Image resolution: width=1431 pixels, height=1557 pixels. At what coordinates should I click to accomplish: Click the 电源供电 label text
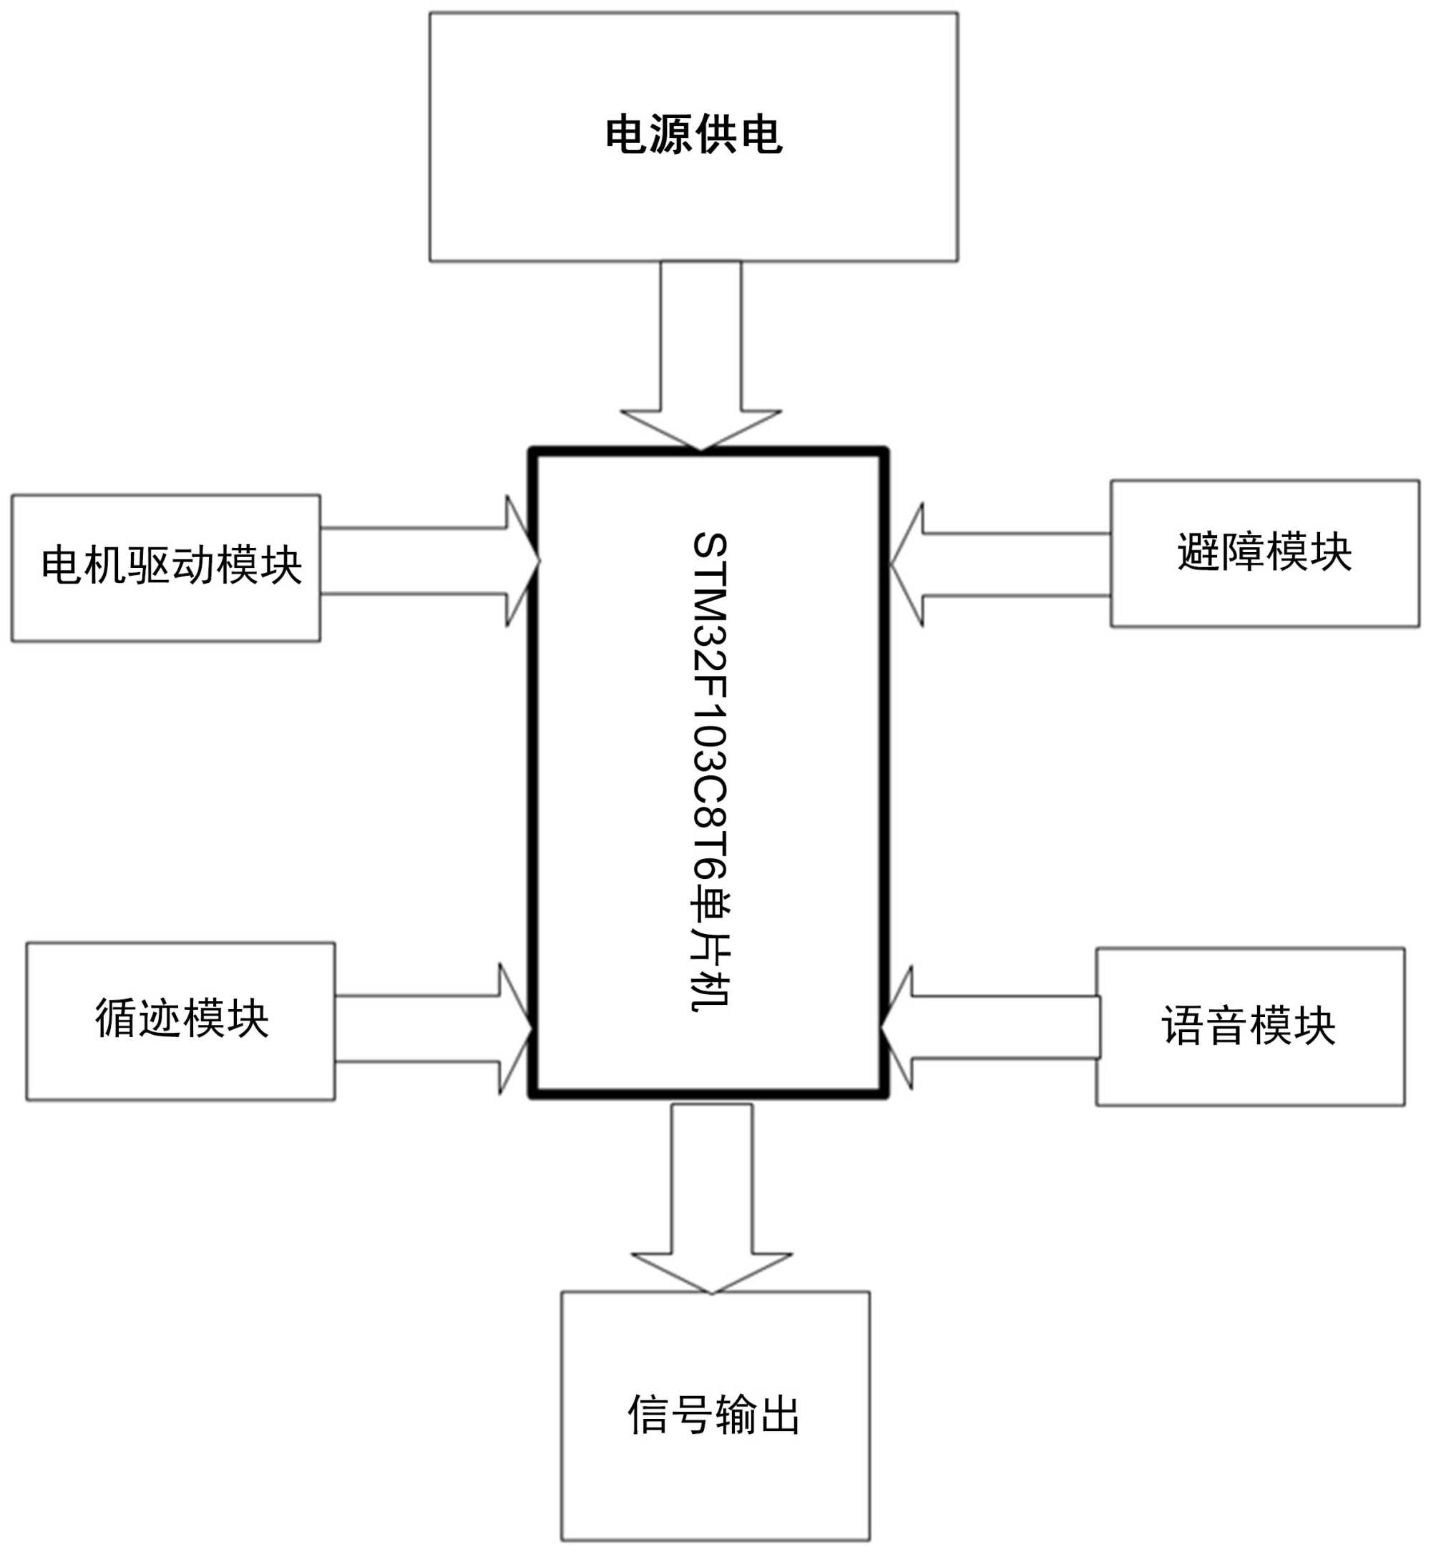coord(693,135)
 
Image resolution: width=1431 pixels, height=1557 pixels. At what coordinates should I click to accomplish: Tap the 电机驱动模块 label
coord(171,565)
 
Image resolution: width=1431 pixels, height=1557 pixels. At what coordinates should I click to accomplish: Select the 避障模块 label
coord(1264,551)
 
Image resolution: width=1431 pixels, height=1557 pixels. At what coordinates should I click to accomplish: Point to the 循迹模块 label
coord(182,1018)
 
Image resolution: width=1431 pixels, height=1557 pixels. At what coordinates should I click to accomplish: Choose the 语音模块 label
coord(1249,1026)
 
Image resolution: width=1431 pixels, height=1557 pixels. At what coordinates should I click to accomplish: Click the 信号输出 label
coord(713,1415)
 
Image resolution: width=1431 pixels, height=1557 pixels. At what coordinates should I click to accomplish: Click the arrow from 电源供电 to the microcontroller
coord(700,356)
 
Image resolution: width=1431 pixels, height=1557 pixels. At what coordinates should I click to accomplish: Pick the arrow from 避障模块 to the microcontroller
coord(999,565)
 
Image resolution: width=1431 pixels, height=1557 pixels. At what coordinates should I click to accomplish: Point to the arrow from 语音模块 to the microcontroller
coord(991,1027)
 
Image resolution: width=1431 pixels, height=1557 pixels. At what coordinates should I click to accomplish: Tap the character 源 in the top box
coord(671,135)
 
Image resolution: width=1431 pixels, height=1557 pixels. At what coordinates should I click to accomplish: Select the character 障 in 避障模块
coord(1242,551)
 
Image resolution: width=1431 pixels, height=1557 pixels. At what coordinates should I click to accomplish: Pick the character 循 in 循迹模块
coord(116,1018)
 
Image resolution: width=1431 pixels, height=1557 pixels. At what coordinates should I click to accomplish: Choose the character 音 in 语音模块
coord(1226,1026)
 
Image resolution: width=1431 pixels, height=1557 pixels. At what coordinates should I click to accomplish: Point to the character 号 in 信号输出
coord(690,1415)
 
